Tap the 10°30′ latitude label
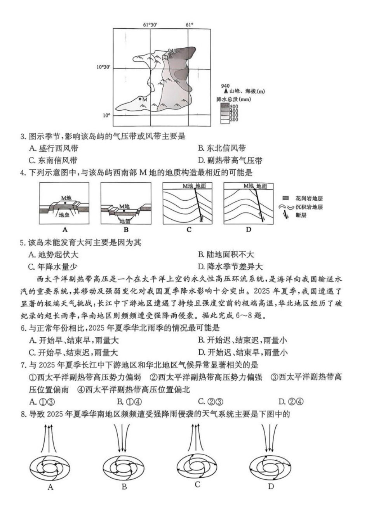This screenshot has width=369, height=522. (104, 67)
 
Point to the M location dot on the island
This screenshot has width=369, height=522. (140, 99)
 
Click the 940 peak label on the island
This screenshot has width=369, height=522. (172, 50)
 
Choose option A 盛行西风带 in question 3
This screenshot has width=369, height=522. (53, 148)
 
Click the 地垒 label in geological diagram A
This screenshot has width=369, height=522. (64, 213)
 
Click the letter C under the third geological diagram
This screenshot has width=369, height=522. (189, 230)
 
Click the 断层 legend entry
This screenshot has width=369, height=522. (301, 215)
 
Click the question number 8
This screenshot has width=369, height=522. (23, 414)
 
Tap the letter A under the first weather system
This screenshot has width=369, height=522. (50, 487)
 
